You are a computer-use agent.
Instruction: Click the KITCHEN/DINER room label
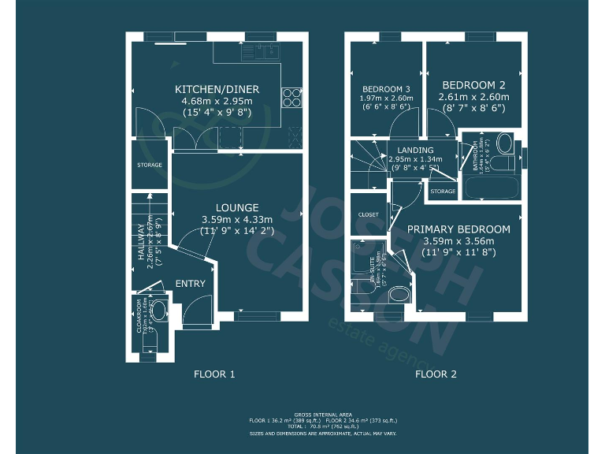pyautogui.click(x=217, y=89)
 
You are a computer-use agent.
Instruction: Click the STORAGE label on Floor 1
pyautogui.click(x=150, y=165)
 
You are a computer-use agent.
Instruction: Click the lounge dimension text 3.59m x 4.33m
pyautogui.click(x=236, y=220)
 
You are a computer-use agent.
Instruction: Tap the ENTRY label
pyautogui.click(x=190, y=284)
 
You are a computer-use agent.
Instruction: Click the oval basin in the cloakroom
pyautogui.click(x=159, y=311)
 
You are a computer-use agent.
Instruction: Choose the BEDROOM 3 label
pyautogui.click(x=386, y=89)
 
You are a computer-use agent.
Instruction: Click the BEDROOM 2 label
pyautogui.click(x=473, y=85)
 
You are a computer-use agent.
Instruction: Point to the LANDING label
pyautogui.click(x=415, y=150)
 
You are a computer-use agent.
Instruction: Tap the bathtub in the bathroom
pyautogui.click(x=490, y=188)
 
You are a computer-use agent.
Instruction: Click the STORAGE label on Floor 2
pyautogui.click(x=443, y=192)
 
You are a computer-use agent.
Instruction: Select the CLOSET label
pyautogui.click(x=369, y=214)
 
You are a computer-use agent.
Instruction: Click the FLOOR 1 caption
pyautogui.click(x=214, y=374)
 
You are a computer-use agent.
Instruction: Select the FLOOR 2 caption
pyautogui.click(x=436, y=374)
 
